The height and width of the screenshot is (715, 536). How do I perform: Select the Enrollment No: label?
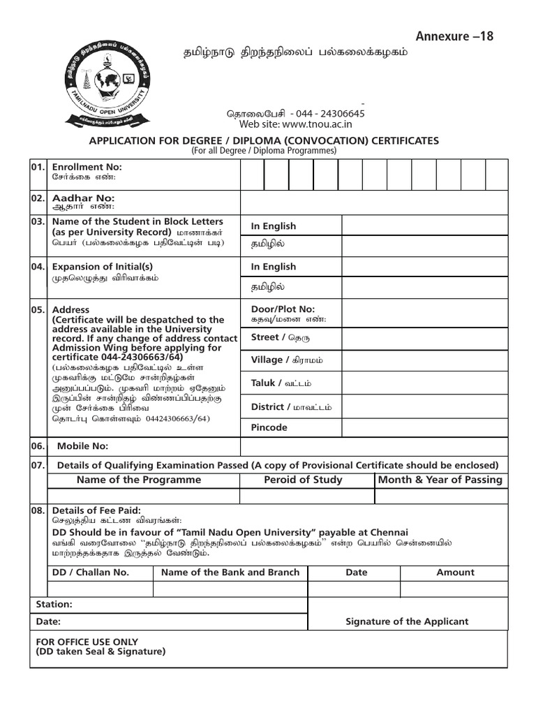(87, 167)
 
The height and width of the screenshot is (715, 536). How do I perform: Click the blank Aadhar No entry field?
(373, 202)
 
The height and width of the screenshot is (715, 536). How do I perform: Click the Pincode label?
(269, 427)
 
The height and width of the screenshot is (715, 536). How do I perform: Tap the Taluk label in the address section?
(265, 383)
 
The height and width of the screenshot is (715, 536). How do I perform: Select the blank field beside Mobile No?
(373, 447)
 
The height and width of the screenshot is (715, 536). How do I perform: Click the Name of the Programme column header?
(138, 480)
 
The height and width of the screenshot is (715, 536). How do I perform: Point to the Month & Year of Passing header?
(440, 480)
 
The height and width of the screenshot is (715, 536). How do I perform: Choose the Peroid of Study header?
(303, 480)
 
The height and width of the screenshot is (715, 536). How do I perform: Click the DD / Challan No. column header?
(91, 573)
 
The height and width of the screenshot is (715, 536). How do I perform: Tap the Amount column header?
(455, 573)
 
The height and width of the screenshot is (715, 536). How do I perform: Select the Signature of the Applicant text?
(407, 621)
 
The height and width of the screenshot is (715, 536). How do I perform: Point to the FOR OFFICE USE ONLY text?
(87, 642)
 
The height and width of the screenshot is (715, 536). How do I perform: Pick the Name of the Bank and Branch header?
(230, 573)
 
